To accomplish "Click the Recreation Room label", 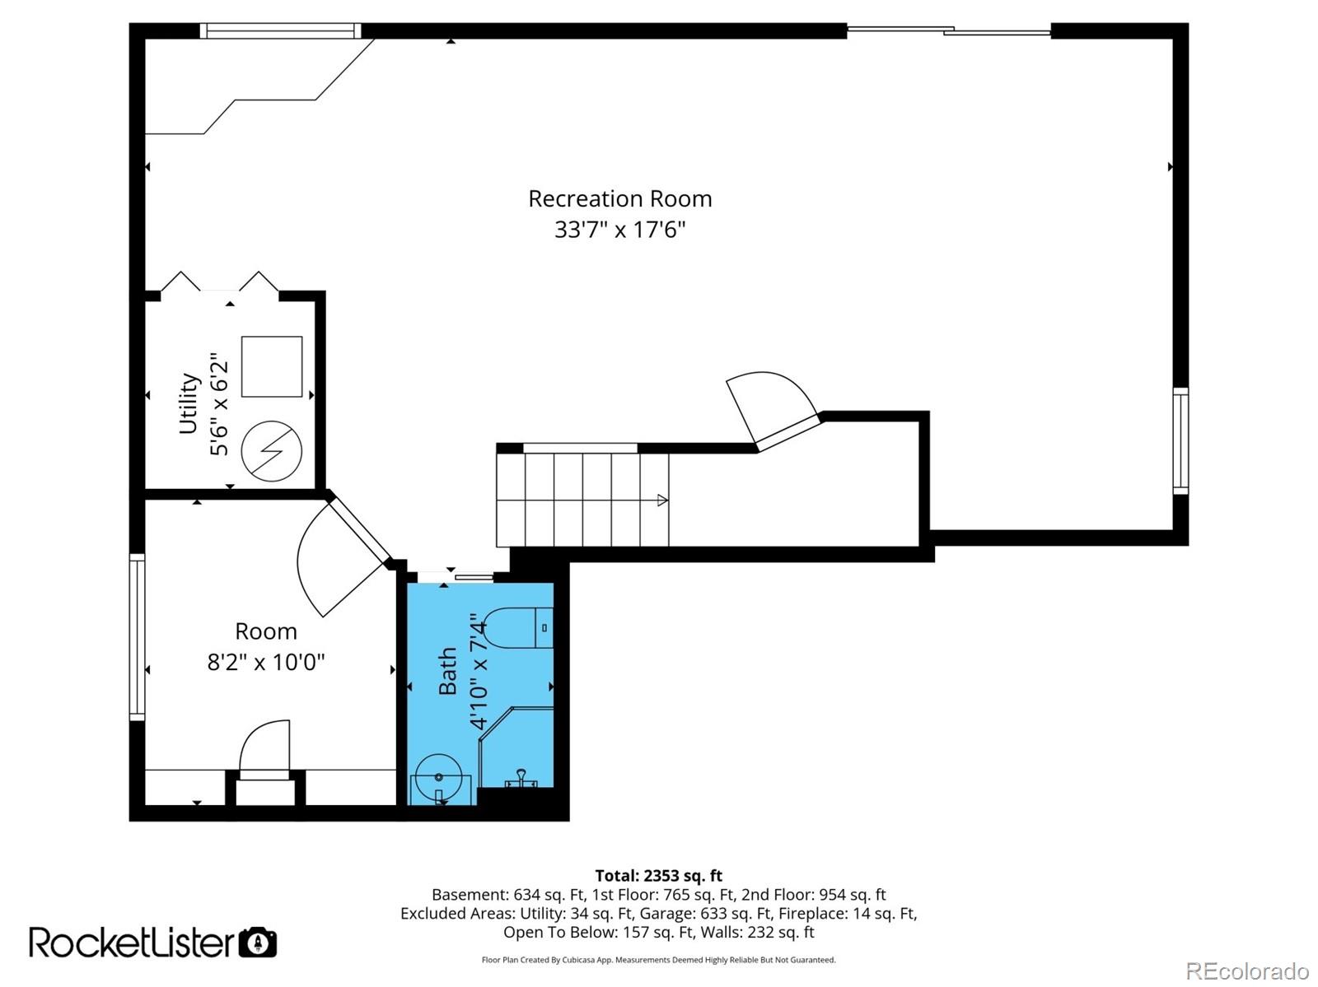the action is click(x=619, y=198).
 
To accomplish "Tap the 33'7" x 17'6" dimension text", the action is click(x=619, y=229).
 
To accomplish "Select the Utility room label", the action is click(x=189, y=403).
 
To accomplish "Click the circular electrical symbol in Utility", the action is click(x=271, y=450).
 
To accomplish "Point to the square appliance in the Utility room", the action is click(x=271, y=366).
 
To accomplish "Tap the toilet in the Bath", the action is click(x=518, y=627).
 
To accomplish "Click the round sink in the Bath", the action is click(x=438, y=777).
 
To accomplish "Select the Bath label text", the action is click(x=448, y=671).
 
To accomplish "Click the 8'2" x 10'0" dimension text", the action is click(x=265, y=663).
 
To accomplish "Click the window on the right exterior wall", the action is click(x=1180, y=441).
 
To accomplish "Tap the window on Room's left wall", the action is click(x=138, y=636).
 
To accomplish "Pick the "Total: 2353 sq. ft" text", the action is click(x=658, y=876).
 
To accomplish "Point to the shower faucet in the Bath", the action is click(x=521, y=777).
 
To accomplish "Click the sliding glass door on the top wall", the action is click(x=949, y=30).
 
